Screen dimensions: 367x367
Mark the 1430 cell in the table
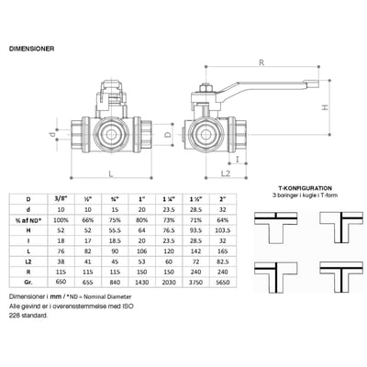[142, 285]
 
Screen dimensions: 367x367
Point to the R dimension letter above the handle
[262, 64]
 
